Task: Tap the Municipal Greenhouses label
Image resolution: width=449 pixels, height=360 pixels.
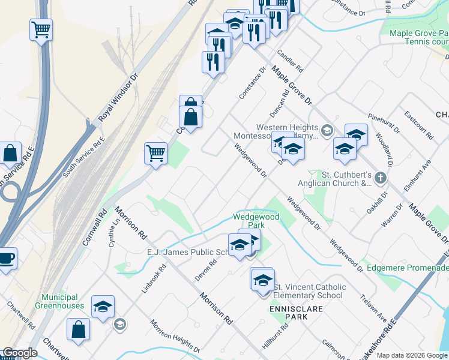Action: [60, 301]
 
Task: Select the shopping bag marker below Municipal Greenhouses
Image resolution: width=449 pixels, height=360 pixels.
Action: [78, 329]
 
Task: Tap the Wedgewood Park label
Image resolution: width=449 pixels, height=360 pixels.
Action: [257, 221]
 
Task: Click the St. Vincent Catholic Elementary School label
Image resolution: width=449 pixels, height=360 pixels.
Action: [309, 291]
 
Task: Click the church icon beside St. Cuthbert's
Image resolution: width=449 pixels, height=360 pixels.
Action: [380, 178]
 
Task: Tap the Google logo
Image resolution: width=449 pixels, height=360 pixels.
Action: [19, 353]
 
